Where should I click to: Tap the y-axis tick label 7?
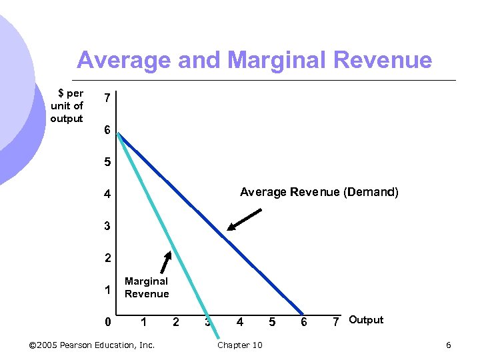(107, 99)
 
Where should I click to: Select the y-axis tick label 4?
(107, 195)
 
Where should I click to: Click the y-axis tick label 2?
(107, 258)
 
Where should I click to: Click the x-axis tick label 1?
(144, 323)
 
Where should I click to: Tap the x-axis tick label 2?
(176, 323)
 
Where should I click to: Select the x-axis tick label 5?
(272, 323)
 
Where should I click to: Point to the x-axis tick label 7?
(337, 323)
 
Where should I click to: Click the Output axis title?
(366, 320)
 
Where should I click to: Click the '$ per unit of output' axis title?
(67, 106)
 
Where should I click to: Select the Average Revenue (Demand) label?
(319, 193)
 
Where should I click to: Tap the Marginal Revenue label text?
(147, 287)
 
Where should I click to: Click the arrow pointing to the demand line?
(244, 220)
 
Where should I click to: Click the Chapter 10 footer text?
(240, 345)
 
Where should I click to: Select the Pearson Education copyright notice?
(92, 345)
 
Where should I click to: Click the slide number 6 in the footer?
(448, 345)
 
